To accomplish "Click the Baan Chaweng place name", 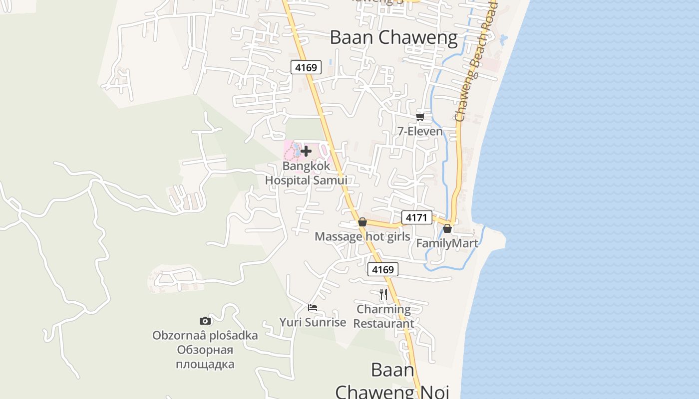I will pyautogui.click(x=393, y=38).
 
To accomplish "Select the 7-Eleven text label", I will pyautogui.click(x=420, y=131).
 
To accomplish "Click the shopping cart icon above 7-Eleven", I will pyautogui.click(x=420, y=117).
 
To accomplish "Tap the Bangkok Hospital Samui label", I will pyautogui.click(x=306, y=173).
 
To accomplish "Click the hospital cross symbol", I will pyautogui.click(x=306, y=151).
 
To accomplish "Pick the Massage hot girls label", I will pyautogui.click(x=362, y=236).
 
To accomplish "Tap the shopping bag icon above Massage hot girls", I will pyautogui.click(x=362, y=222).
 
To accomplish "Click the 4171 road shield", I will pyautogui.click(x=416, y=217).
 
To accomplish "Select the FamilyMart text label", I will pyautogui.click(x=447, y=243).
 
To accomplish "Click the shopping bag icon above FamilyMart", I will pyautogui.click(x=447, y=228).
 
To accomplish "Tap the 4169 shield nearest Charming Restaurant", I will pyautogui.click(x=383, y=270).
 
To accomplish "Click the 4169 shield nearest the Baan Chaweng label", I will pyautogui.click(x=306, y=67).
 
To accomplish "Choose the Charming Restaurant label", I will pyautogui.click(x=383, y=316).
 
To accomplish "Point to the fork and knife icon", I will pyautogui.click(x=383, y=294).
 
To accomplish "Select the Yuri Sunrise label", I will pyautogui.click(x=313, y=322).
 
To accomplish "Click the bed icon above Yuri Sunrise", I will pyautogui.click(x=313, y=307).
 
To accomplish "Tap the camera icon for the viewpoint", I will pyautogui.click(x=205, y=321).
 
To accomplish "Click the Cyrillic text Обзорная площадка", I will pyautogui.click(x=205, y=357).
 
